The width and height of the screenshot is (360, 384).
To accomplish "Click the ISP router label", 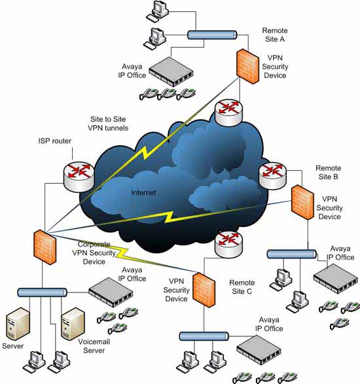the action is coord(54,141).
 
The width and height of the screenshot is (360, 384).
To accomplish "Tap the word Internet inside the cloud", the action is coord(143,192).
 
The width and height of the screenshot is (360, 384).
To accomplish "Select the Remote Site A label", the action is coord(275,35).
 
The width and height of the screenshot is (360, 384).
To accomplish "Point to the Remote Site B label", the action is coord(328,173).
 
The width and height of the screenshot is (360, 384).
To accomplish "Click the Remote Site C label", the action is coord(242,287).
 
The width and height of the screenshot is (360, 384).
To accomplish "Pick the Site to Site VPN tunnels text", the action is coord(108,124).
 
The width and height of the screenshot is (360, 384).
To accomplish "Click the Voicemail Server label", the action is coord(94,346).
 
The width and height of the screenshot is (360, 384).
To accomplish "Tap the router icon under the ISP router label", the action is coord(79,177).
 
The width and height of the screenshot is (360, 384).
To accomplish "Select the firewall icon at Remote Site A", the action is coord(247,66).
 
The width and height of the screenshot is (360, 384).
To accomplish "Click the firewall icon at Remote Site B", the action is coord(302,202).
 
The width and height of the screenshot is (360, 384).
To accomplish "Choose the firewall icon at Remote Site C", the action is coord(204,290).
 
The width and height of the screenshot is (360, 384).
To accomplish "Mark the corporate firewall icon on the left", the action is coord(45,247).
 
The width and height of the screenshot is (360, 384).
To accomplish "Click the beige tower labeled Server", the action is coord(18,324).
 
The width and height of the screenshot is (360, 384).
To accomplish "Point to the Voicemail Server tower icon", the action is coord(73,324).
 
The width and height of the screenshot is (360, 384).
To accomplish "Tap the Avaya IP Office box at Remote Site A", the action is coord(171,71).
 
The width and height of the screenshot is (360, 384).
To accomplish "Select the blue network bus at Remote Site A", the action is coord(212,35).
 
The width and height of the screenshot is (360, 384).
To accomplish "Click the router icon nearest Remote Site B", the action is coord(272,176).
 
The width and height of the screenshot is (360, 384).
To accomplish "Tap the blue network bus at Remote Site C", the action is coord(204,336).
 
